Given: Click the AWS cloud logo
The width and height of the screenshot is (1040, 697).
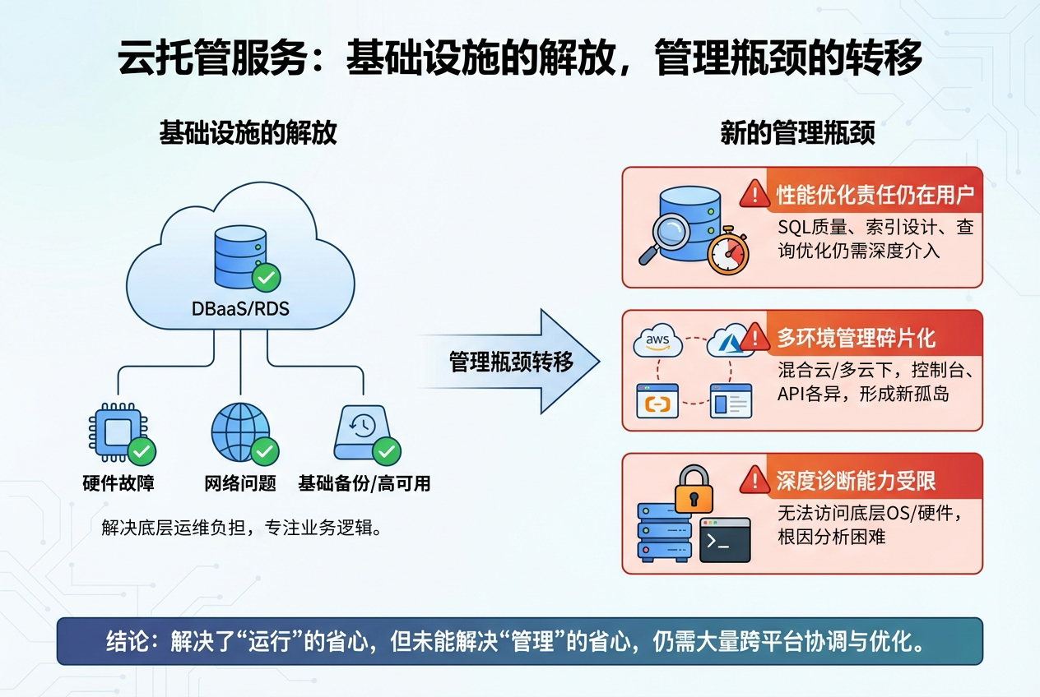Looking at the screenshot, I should (658, 341).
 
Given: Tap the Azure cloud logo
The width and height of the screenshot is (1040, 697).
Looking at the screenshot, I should (727, 339).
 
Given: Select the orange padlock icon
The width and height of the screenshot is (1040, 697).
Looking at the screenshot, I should (693, 490).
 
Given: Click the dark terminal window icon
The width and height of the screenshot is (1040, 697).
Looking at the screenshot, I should (725, 540).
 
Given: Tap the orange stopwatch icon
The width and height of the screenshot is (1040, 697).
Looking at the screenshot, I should (727, 251).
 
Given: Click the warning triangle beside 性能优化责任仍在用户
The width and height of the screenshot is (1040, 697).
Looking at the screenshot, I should (754, 194).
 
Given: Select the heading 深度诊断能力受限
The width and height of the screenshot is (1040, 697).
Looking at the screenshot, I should (856, 480).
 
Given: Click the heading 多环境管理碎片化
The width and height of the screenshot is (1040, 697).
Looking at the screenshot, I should (856, 337).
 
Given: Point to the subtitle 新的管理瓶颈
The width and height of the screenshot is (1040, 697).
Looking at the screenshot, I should (797, 133).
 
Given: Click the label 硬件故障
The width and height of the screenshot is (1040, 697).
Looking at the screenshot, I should (118, 483).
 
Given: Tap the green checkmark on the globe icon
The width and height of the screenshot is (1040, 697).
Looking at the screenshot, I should (265, 450).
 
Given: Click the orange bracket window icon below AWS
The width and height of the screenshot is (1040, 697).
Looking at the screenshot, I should (657, 402).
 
